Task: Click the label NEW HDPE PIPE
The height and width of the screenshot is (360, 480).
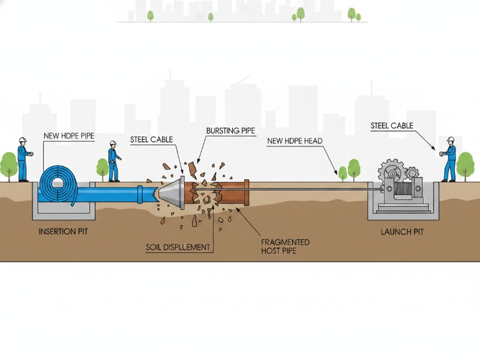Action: (x=69, y=136)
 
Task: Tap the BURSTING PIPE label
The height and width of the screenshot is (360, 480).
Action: (x=230, y=130)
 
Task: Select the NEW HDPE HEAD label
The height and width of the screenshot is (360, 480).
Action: (x=295, y=141)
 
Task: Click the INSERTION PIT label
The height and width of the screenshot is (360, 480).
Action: (x=64, y=231)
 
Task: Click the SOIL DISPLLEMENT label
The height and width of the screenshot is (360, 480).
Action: (x=178, y=247)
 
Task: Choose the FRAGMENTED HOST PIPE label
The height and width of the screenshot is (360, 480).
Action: (x=286, y=246)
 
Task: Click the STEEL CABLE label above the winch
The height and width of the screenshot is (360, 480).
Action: (x=392, y=126)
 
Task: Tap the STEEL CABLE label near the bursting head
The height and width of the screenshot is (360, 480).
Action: (x=151, y=140)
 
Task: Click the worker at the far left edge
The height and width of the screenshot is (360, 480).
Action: (x=23, y=160)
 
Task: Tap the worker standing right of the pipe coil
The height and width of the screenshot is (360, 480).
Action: (x=113, y=162)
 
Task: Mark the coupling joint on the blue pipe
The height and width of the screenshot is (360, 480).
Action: (x=140, y=194)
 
